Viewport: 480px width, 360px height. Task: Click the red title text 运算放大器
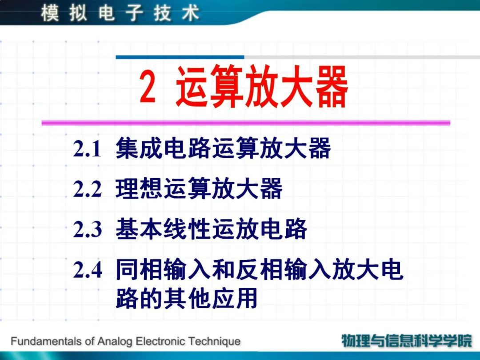[262, 86]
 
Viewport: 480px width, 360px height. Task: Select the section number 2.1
[87, 149]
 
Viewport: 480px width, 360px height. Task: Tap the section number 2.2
[87, 189]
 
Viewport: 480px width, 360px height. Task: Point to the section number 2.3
[87, 229]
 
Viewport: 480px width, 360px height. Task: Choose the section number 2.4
[88, 270]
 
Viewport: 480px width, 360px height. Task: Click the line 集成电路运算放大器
[223, 148]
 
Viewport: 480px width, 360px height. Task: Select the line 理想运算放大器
[199, 188]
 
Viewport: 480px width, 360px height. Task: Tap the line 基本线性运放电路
[211, 229]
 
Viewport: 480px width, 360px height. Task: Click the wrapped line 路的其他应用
[186, 297]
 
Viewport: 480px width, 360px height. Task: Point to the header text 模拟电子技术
[120, 13]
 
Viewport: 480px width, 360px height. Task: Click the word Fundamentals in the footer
[46, 341]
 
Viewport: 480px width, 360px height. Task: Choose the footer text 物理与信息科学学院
[407, 341]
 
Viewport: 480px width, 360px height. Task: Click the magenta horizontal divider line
[246, 123]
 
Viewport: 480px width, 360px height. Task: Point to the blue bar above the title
[180, 57]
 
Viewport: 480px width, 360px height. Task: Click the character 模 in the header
[50, 13]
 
